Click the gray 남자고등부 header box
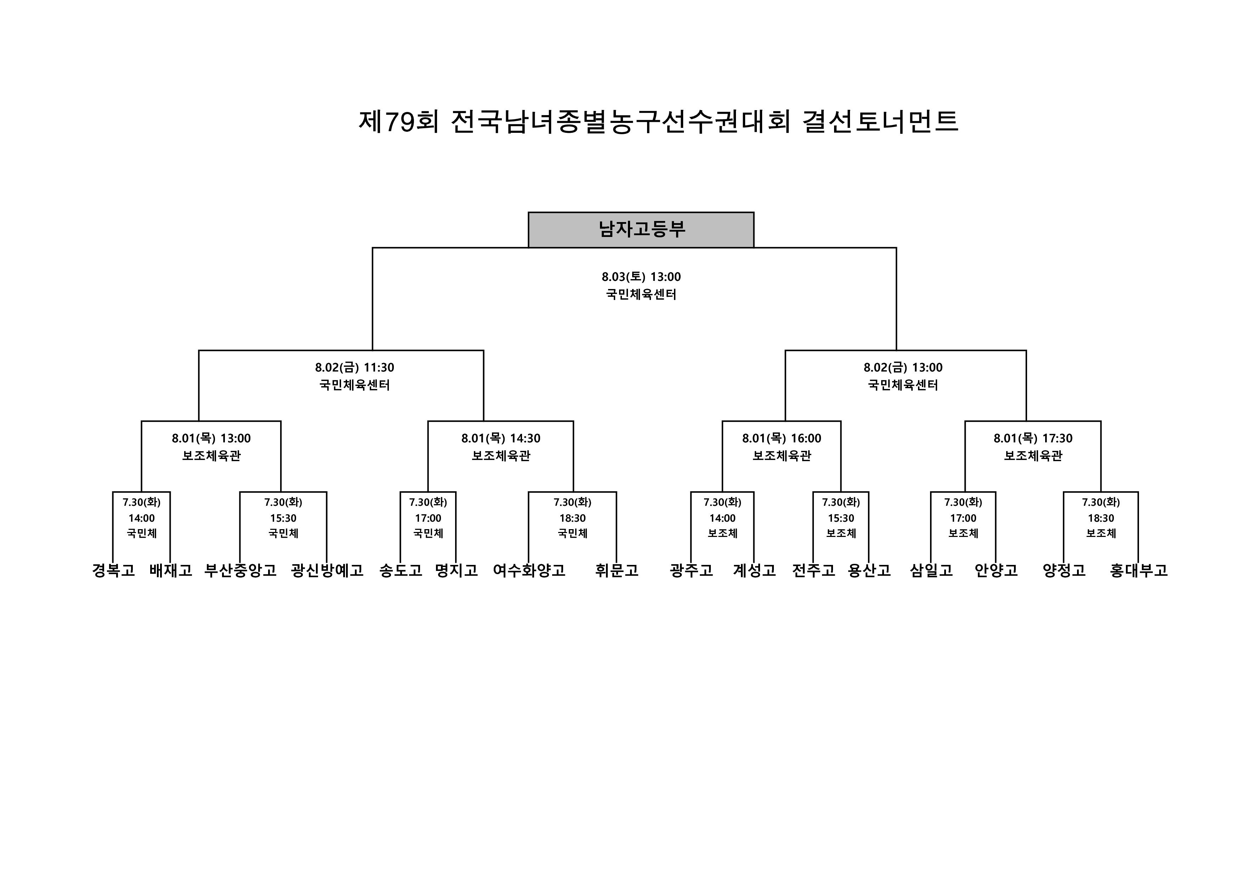641,230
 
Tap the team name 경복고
113,570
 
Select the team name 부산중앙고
240,570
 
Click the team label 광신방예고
327,570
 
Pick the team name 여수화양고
529,570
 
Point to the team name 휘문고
617,570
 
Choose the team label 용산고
869,570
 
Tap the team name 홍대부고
1139,570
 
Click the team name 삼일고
931,570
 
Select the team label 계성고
754,570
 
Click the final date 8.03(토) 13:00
641,277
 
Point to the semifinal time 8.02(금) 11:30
355,368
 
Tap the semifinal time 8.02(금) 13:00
903,368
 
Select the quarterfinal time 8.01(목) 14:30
500,438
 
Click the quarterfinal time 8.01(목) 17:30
1033,438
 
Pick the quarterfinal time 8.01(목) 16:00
782,438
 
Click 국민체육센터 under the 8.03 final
641,295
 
